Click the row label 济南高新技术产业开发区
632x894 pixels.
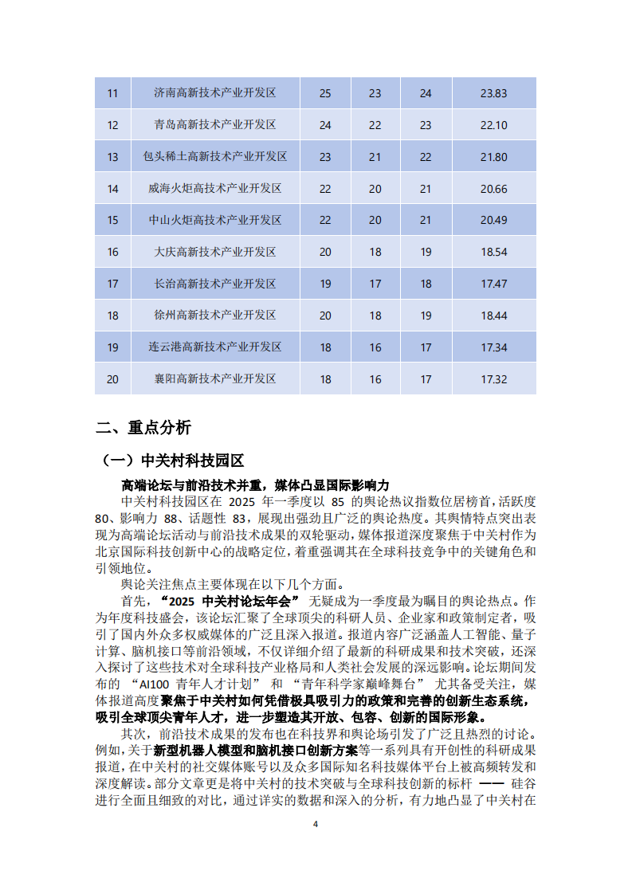click(x=215, y=93)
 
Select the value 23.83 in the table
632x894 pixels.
click(x=493, y=93)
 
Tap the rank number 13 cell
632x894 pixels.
click(x=112, y=157)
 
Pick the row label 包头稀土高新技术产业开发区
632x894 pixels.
click(x=215, y=157)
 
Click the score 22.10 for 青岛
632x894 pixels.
click(x=493, y=125)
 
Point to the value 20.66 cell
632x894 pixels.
click(x=493, y=189)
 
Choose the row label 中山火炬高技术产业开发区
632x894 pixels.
click(x=215, y=221)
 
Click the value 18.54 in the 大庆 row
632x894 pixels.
click(x=493, y=253)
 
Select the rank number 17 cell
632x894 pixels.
click(x=112, y=284)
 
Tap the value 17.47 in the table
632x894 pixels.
click(x=493, y=284)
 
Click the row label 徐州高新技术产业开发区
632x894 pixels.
click(x=215, y=316)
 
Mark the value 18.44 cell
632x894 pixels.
click(x=493, y=316)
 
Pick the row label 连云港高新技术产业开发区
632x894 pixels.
click(x=215, y=347)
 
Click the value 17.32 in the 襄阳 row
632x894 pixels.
click(x=493, y=379)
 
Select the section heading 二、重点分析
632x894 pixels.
click(x=143, y=428)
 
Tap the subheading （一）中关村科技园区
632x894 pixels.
click(x=172, y=461)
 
